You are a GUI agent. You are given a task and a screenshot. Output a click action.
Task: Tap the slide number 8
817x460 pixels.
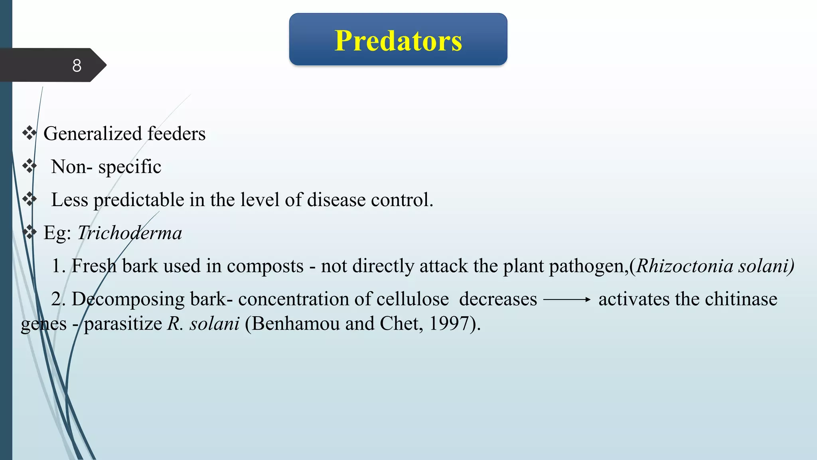(77, 65)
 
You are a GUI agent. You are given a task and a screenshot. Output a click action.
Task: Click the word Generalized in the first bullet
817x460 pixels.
(93, 134)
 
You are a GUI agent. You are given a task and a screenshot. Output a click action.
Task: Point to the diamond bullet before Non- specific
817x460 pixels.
(30, 166)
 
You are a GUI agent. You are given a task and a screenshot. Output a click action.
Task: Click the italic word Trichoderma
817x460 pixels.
(130, 233)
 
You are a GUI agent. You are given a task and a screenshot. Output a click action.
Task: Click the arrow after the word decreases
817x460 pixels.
(567, 299)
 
